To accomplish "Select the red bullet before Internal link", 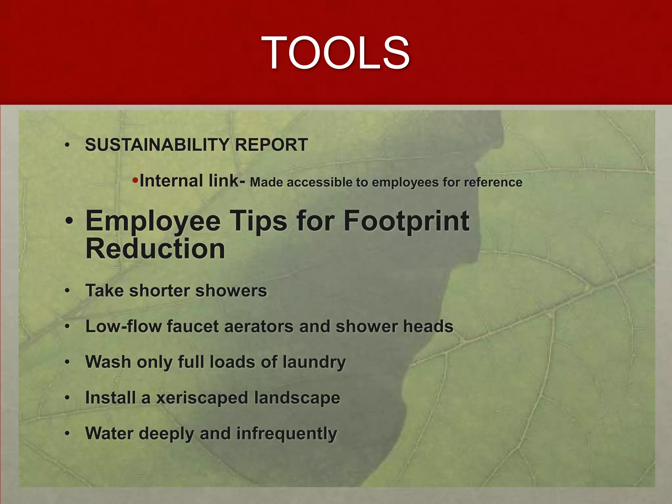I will pyautogui.click(x=135, y=180).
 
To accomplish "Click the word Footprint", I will pyautogui.click(x=406, y=221).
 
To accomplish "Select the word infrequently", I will pyautogui.click(x=286, y=434).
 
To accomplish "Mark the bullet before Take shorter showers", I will pyautogui.click(x=67, y=291).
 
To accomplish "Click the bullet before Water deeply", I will pyautogui.click(x=67, y=434).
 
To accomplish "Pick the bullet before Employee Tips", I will pyautogui.click(x=69, y=221).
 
